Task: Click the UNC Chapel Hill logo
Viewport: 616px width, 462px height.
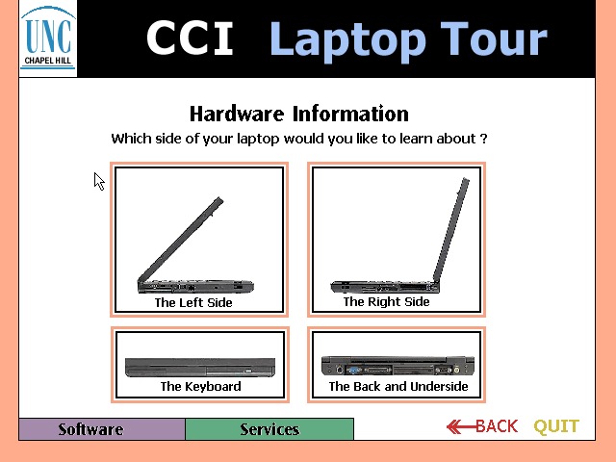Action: (48, 39)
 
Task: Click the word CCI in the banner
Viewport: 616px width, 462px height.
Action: (190, 39)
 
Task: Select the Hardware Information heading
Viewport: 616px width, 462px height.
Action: (298, 114)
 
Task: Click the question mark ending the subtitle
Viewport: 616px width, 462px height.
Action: (483, 139)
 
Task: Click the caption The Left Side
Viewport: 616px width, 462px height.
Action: (193, 302)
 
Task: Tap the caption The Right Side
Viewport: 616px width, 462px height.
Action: (386, 301)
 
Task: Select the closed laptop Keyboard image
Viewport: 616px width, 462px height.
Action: (199, 367)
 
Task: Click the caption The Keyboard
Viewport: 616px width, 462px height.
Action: (200, 387)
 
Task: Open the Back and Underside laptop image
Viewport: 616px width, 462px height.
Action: (398, 365)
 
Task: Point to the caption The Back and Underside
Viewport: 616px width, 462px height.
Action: (398, 387)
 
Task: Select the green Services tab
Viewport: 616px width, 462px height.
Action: (269, 429)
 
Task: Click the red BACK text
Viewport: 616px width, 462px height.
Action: (497, 426)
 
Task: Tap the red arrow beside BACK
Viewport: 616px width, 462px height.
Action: (460, 426)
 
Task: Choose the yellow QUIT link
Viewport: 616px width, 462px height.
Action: (556, 426)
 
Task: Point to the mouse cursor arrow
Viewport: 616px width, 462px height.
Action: (98, 180)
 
